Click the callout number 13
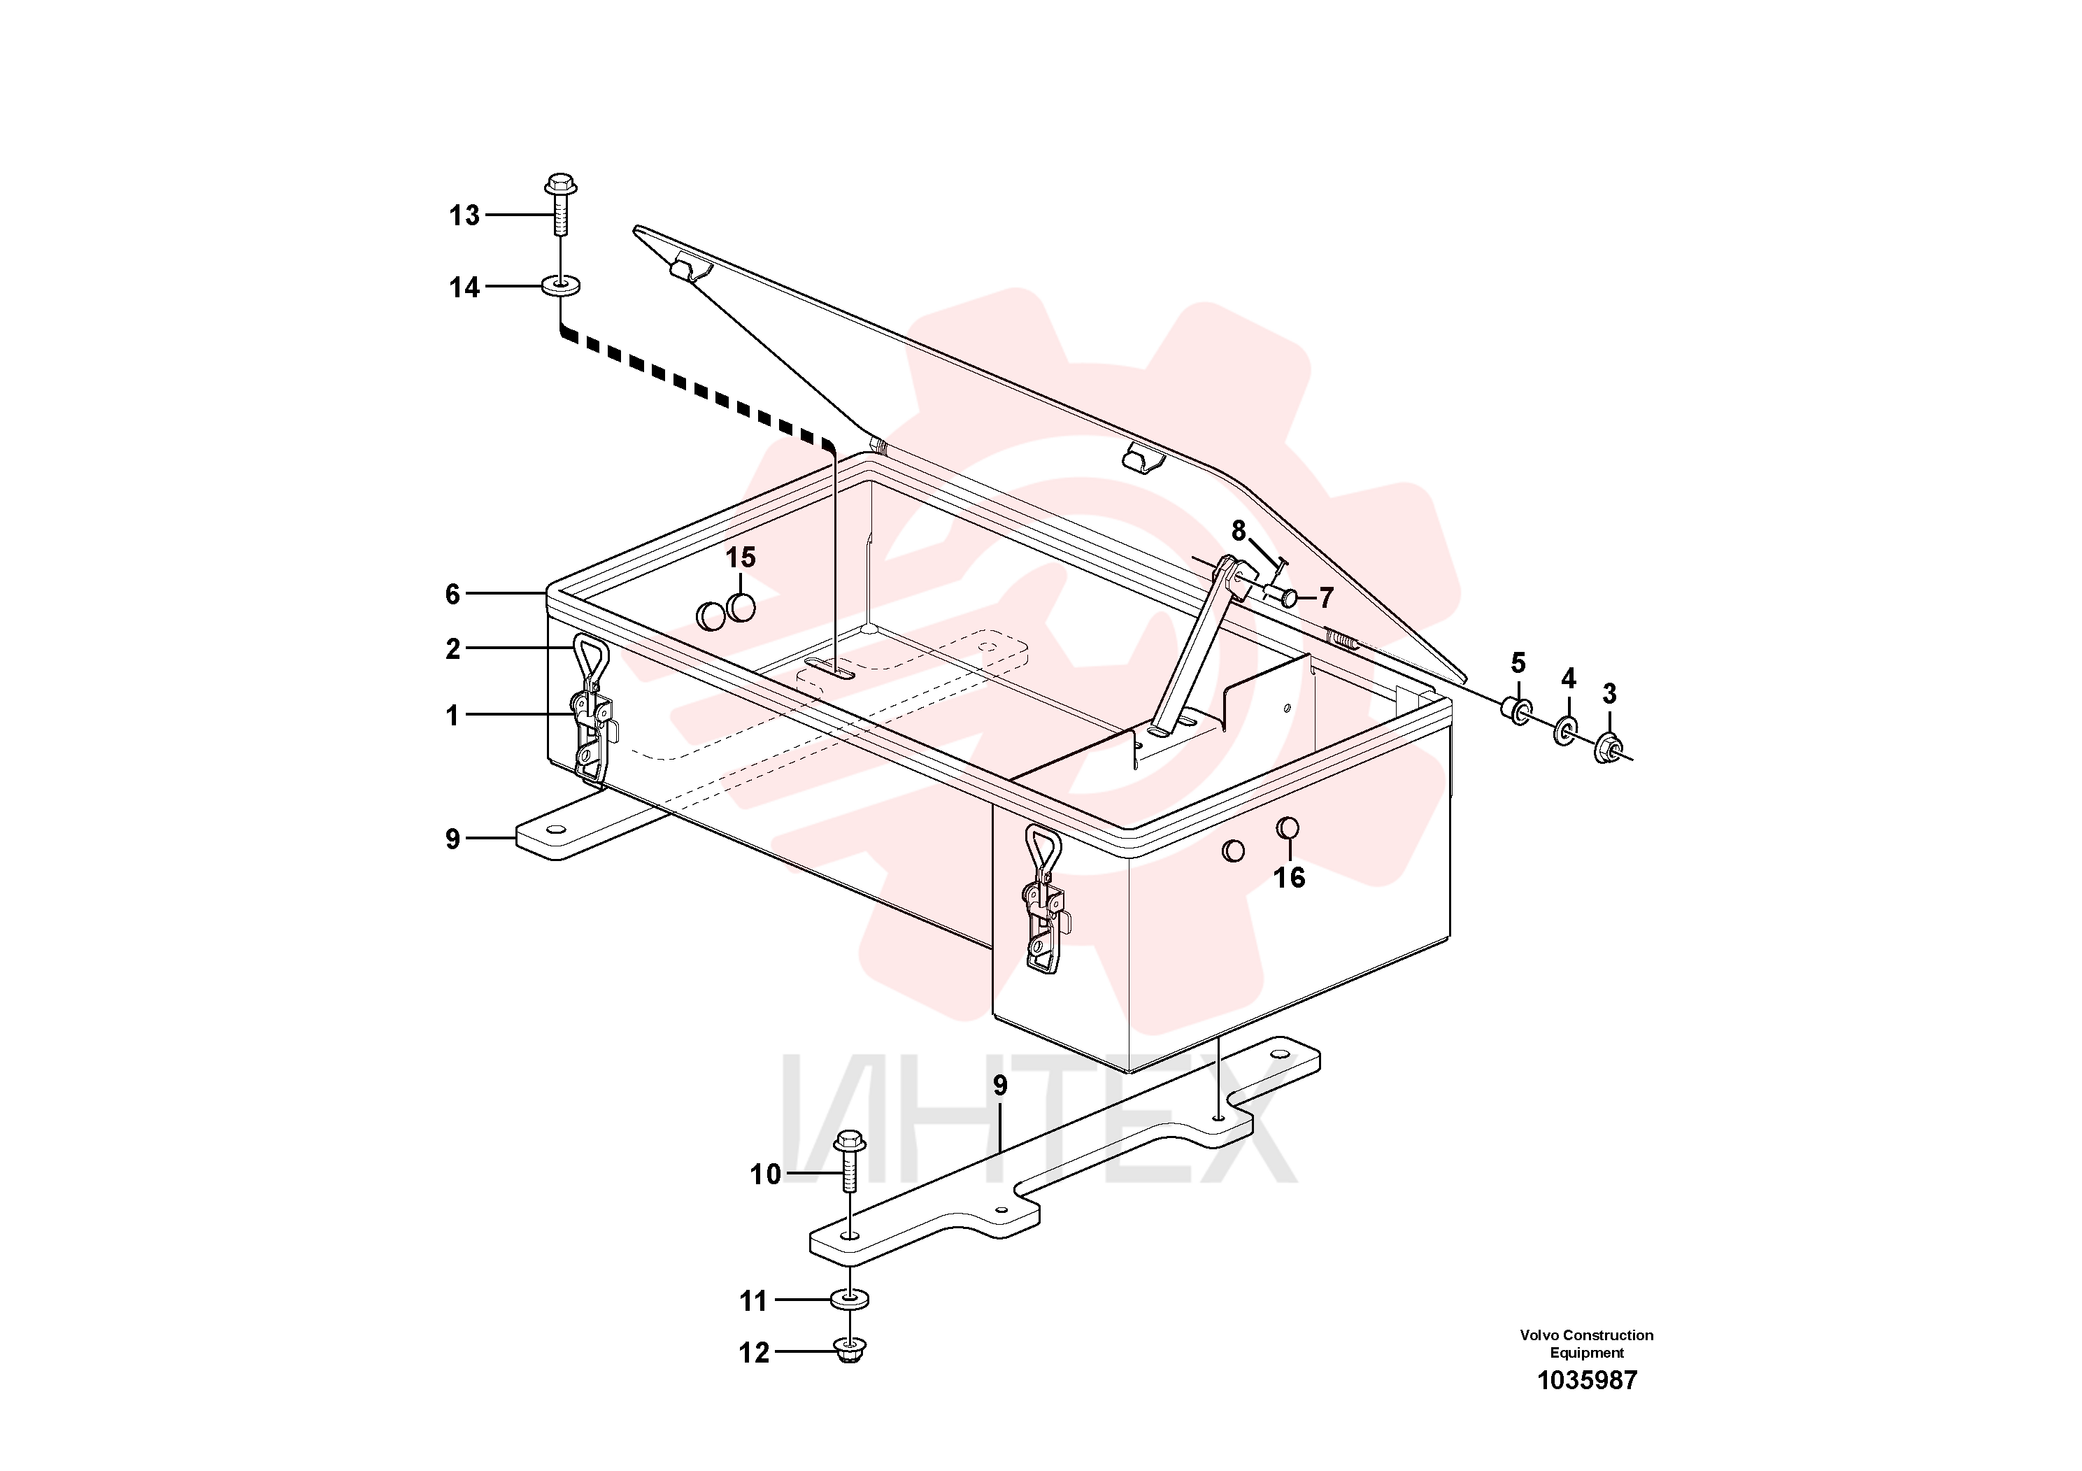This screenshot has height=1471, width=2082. pyautogui.click(x=464, y=216)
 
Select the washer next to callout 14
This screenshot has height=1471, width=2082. pyautogui.click(x=562, y=287)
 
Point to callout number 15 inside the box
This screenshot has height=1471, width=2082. pyautogui.click(x=741, y=557)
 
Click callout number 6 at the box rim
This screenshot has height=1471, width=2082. pyautogui.click(x=452, y=594)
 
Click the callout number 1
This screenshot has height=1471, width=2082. pyautogui.click(x=452, y=716)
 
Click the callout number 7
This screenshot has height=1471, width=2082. pyautogui.click(x=1327, y=597)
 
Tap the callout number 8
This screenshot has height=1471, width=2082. pyautogui.click(x=1239, y=530)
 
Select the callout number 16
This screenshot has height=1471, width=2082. pyautogui.click(x=1290, y=877)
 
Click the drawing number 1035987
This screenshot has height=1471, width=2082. pyautogui.click(x=1587, y=1380)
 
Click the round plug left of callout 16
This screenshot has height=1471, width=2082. pyautogui.click(x=1233, y=850)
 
